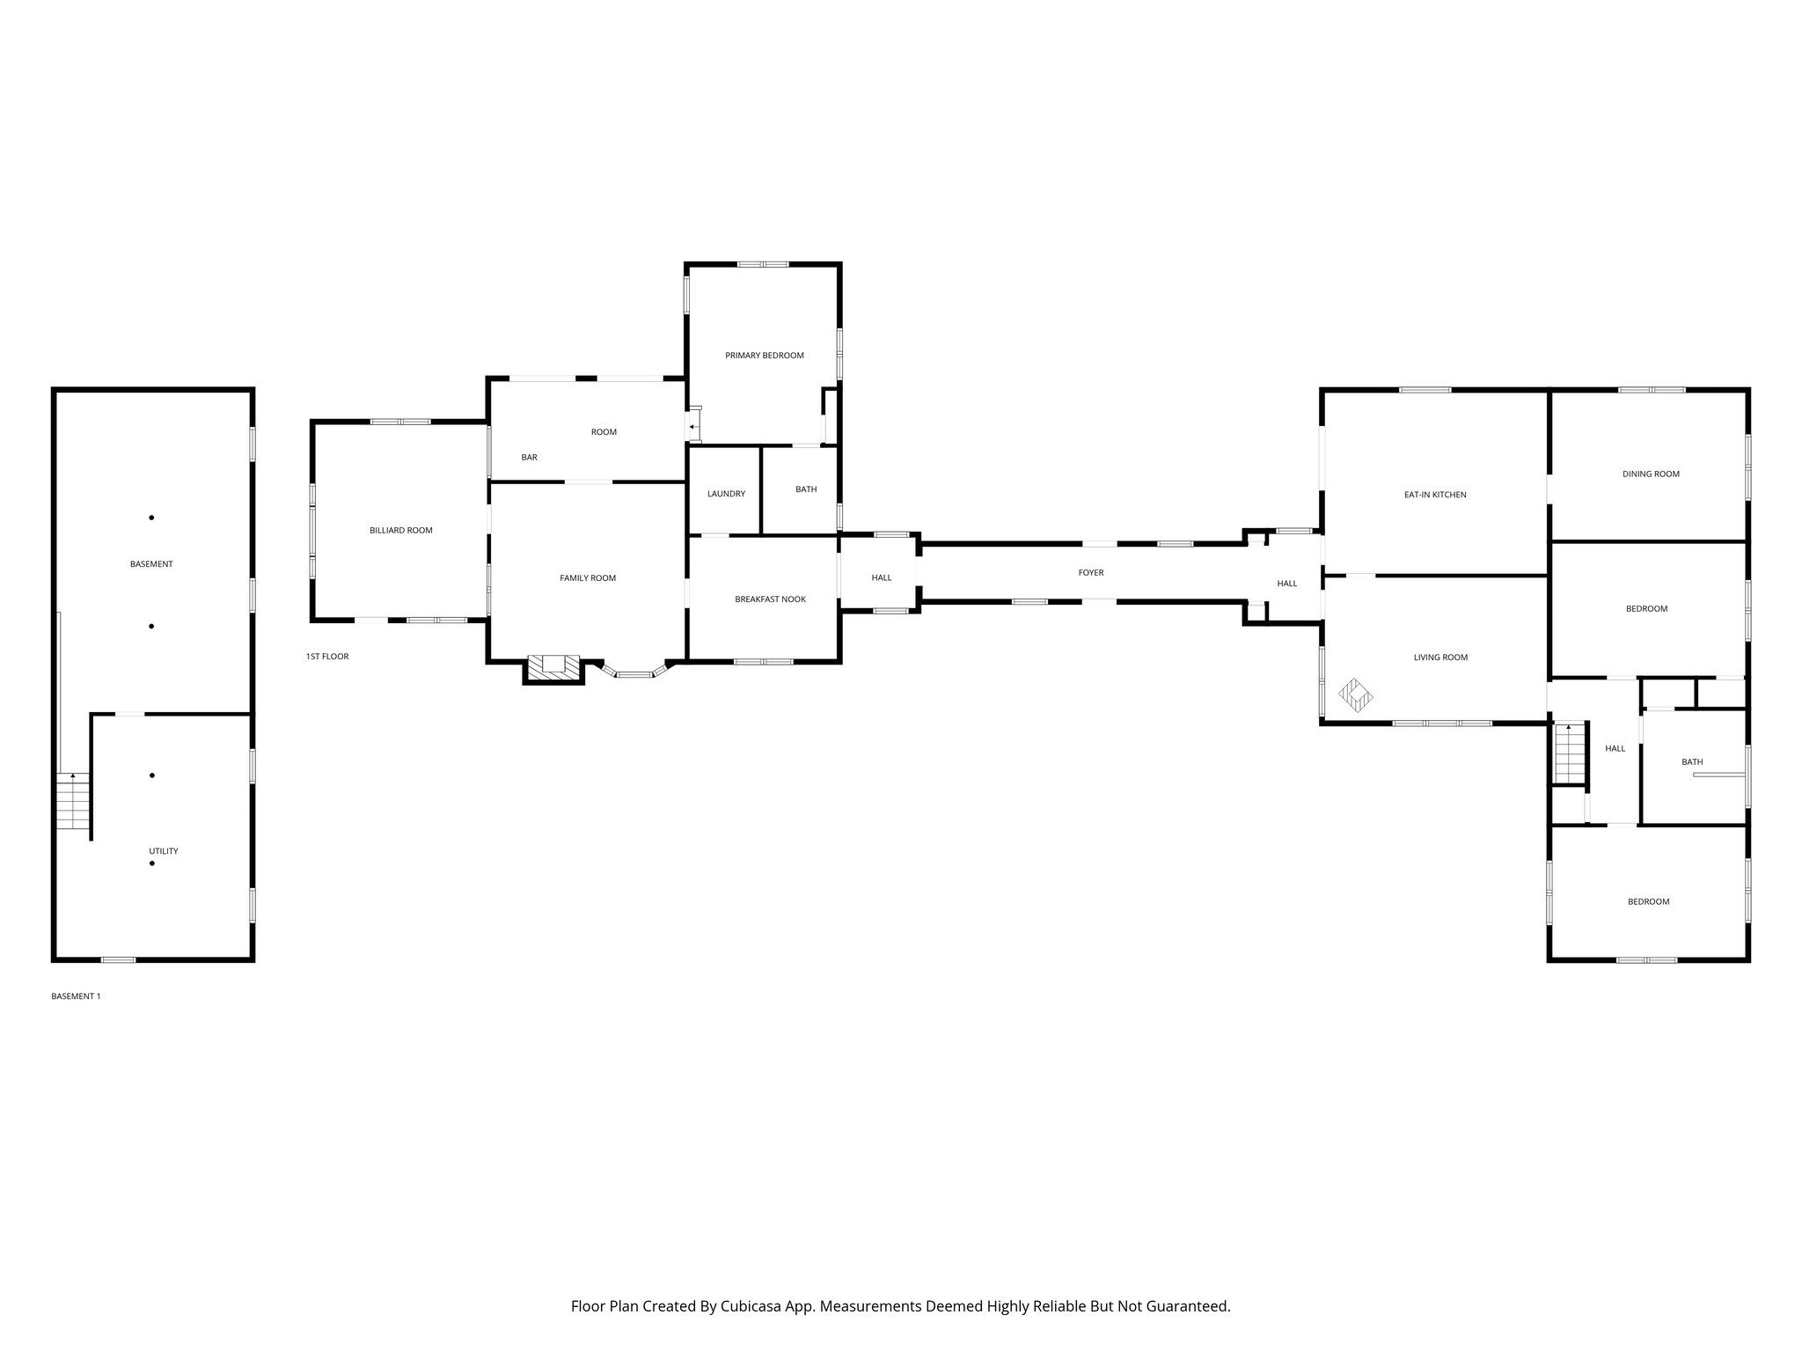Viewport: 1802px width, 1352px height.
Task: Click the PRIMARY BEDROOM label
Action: [764, 356]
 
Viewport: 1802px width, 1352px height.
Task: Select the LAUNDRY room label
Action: [726, 494]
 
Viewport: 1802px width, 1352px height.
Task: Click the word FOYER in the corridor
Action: [1090, 573]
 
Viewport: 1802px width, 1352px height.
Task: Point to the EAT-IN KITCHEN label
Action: [1434, 495]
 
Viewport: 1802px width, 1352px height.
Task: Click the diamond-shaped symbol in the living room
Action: [1355, 694]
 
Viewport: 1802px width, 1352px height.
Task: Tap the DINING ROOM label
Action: [1650, 474]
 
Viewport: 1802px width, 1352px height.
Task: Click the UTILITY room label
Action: [163, 851]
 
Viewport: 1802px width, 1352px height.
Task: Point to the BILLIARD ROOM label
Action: [400, 531]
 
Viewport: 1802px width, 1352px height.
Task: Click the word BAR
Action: [529, 458]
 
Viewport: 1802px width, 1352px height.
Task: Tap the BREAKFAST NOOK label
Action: [770, 599]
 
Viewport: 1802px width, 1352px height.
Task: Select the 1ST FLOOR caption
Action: [327, 657]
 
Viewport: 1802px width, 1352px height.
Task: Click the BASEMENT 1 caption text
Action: [76, 996]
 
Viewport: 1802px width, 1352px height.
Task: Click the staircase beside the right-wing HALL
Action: [1570, 753]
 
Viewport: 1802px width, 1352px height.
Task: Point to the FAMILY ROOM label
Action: [588, 578]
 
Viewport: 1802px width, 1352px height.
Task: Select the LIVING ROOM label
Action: [1440, 658]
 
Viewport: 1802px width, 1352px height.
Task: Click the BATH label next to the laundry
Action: [805, 489]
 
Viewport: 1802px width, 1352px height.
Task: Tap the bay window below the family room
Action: [634, 673]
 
